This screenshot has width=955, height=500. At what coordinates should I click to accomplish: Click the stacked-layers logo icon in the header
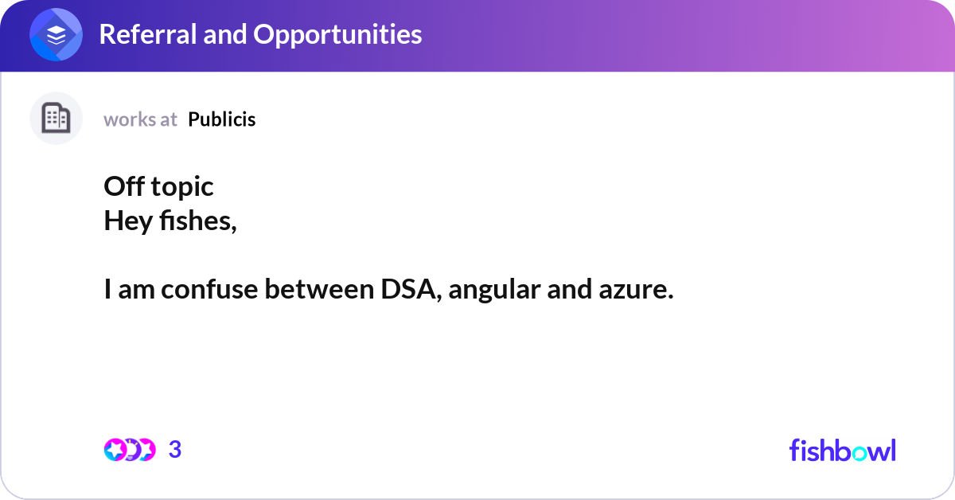click(x=56, y=35)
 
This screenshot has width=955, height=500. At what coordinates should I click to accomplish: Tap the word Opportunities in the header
click(x=337, y=34)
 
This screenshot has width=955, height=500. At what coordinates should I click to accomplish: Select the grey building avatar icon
click(x=56, y=119)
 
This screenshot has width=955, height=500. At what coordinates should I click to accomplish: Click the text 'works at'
click(x=140, y=119)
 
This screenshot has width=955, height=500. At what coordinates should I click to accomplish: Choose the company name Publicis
click(x=222, y=119)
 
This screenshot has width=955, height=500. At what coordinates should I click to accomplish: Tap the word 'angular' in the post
click(x=494, y=292)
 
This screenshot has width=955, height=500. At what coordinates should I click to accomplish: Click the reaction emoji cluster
click(x=130, y=450)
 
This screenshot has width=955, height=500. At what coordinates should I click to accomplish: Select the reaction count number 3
click(x=175, y=450)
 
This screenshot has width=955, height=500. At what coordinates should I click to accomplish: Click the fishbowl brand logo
click(x=842, y=450)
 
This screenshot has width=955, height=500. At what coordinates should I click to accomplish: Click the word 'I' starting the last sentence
click(x=107, y=291)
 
